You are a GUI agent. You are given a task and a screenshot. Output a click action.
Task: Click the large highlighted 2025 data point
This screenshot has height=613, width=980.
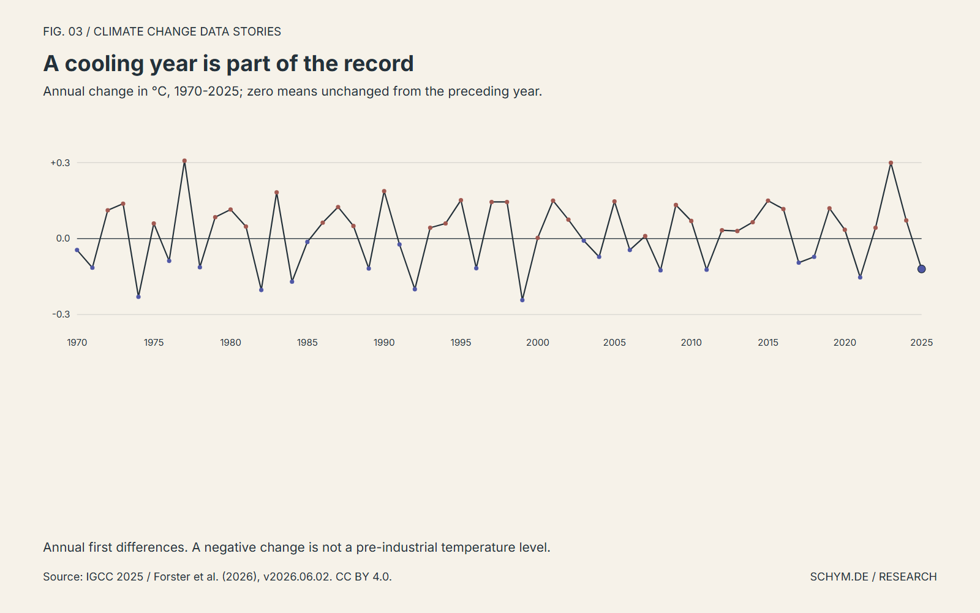coord(921,269)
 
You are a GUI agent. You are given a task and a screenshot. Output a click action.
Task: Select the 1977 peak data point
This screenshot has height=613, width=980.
coord(184,161)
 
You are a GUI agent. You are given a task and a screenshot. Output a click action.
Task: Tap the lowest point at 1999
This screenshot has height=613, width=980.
coord(522,300)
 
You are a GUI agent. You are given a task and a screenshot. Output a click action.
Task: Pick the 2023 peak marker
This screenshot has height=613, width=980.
coord(891,163)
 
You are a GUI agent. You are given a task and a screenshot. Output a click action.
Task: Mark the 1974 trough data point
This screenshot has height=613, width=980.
coord(138,297)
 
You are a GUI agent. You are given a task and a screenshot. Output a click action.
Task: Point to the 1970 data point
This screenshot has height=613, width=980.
coord(77,250)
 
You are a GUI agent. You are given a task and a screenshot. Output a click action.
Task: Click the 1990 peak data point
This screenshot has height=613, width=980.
coord(384,191)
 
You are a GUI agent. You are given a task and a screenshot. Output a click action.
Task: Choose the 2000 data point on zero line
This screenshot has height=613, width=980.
coord(538,238)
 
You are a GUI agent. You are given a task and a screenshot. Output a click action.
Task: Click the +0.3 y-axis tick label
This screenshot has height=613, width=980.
coord(61,163)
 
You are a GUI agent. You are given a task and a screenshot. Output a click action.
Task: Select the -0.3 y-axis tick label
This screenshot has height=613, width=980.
coord(61,314)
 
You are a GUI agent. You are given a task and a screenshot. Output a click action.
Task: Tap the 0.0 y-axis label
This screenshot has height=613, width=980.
coord(63,238)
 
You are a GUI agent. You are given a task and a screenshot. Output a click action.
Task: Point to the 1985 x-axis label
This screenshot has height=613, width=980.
coord(307,343)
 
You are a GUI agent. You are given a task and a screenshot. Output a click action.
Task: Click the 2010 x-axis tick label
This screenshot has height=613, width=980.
coord(692,343)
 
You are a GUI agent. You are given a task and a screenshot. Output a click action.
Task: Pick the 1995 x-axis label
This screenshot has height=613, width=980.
coord(461,343)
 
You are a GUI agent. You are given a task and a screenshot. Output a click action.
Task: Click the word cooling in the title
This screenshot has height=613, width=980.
coord(104,64)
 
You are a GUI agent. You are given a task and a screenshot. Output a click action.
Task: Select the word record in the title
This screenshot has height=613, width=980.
coord(379,64)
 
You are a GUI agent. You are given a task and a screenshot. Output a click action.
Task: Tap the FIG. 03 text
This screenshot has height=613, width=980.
coord(62,31)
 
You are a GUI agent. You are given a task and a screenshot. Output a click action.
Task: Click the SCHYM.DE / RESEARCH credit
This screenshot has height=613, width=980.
coord(873,577)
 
